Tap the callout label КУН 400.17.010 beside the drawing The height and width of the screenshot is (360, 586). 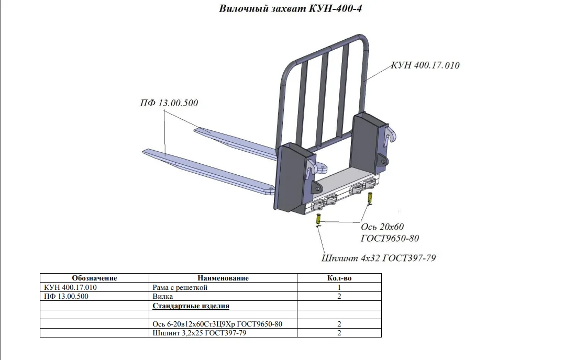tap(425, 65)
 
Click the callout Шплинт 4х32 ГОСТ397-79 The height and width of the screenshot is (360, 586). tap(378, 258)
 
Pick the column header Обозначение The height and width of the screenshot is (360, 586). tap(94, 278)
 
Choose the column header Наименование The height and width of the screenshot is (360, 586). tap(223, 278)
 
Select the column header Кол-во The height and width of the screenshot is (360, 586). tap(339, 278)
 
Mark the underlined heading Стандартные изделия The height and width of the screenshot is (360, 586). tap(191, 306)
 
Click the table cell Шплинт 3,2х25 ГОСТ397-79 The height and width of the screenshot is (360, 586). tap(199, 333)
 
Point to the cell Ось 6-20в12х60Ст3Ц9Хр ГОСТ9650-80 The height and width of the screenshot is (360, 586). tap(217, 324)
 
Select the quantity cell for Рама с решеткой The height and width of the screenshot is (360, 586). tap(339, 287)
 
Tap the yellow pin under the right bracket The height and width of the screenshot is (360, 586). tap(370, 199)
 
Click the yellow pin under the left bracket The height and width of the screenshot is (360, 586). tap(318, 220)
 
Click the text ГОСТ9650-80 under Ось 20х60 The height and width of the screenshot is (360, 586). tap(390, 239)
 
